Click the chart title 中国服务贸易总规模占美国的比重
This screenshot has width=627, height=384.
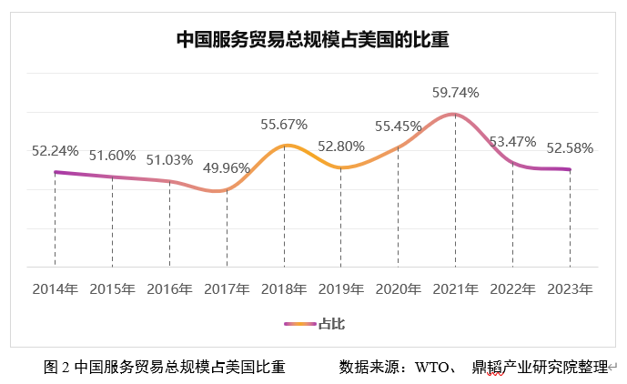click(x=313, y=41)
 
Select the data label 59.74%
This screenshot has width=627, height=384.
click(x=455, y=93)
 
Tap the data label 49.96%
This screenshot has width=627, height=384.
click(x=226, y=167)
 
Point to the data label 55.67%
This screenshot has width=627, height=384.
click(x=284, y=124)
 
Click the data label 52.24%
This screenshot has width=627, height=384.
click(x=55, y=151)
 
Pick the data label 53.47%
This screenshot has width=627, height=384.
click(x=512, y=141)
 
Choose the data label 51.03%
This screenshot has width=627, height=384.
click(x=169, y=160)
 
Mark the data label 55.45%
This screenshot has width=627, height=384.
click(x=398, y=126)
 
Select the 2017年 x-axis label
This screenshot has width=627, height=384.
click(x=227, y=289)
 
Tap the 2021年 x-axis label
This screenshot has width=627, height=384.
click(x=455, y=289)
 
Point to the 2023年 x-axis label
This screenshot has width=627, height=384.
click(x=570, y=289)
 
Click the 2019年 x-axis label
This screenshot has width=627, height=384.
click(x=341, y=289)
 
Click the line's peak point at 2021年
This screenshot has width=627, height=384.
click(x=455, y=114)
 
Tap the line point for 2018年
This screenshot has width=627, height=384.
click(x=284, y=146)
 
